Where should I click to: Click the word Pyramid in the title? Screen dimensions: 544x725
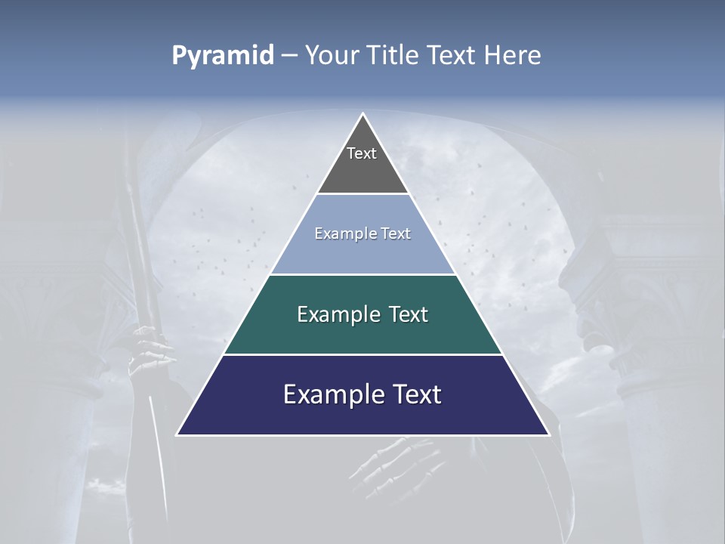[x=223, y=56]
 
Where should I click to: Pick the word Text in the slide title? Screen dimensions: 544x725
[x=452, y=56]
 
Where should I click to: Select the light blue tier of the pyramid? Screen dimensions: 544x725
[x=362, y=253]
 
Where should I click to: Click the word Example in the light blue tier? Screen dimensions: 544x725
[x=341, y=233]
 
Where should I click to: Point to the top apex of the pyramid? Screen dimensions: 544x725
[x=363, y=114]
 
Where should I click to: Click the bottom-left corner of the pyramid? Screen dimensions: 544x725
[x=177, y=434]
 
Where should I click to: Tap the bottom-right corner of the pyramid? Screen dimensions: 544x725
[x=548, y=434]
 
